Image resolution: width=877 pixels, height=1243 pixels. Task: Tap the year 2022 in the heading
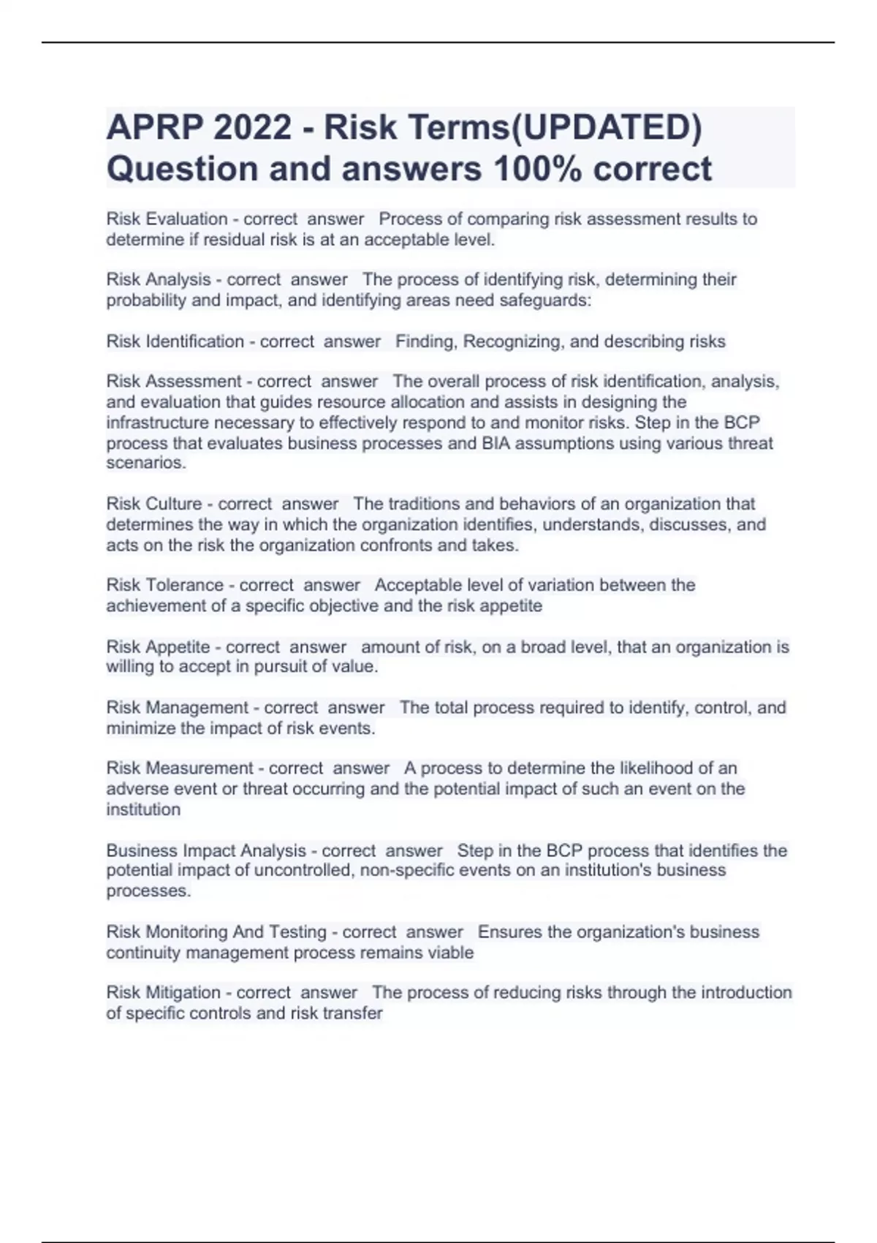click(x=252, y=128)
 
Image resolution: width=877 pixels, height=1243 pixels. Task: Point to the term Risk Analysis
click(x=158, y=279)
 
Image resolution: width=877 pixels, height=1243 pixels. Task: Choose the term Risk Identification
click(x=175, y=341)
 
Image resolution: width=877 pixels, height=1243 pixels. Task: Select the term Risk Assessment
click(x=173, y=382)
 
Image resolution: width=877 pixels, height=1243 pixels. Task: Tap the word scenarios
click(x=145, y=463)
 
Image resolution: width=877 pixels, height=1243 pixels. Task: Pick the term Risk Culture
click(x=153, y=504)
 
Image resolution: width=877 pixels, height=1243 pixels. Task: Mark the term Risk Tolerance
click(x=164, y=585)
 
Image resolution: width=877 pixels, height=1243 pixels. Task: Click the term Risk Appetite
click(x=158, y=647)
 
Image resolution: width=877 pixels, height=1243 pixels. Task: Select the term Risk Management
click(x=177, y=708)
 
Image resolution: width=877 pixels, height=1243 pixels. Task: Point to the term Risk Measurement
click(x=180, y=768)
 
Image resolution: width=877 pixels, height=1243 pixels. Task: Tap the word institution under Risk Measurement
click(x=143, y=809)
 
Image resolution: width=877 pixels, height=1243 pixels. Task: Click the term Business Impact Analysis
click(x=206, y=850)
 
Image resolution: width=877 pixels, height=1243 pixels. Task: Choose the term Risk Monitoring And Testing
click(x=216, y=932)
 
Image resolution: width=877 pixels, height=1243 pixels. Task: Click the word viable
click(x=453, y=953)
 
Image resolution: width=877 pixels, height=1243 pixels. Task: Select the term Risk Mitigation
click(x=163, y=993)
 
